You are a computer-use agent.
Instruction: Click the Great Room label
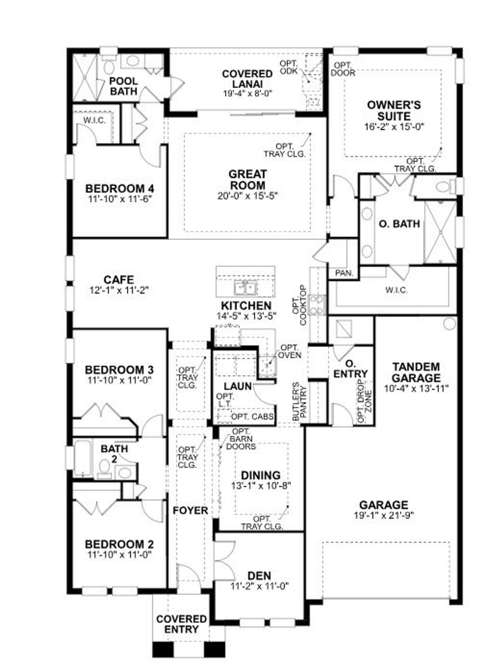247,179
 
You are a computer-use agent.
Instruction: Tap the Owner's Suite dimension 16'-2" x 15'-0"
394,127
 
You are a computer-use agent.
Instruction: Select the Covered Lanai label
247,78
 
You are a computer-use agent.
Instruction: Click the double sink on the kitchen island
246,288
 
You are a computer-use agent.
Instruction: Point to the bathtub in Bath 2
82,458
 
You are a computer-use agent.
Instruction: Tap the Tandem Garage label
416,372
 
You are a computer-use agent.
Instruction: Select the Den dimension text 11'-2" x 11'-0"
260,586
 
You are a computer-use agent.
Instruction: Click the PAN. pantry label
344,273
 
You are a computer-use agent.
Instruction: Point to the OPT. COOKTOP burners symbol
317,305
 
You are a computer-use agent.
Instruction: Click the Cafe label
119,280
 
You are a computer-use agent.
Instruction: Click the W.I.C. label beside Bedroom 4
94,120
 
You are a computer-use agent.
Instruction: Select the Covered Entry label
182,624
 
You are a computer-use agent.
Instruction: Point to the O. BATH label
399,224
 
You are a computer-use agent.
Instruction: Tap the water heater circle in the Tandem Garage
450,324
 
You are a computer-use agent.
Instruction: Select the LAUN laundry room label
238,386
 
